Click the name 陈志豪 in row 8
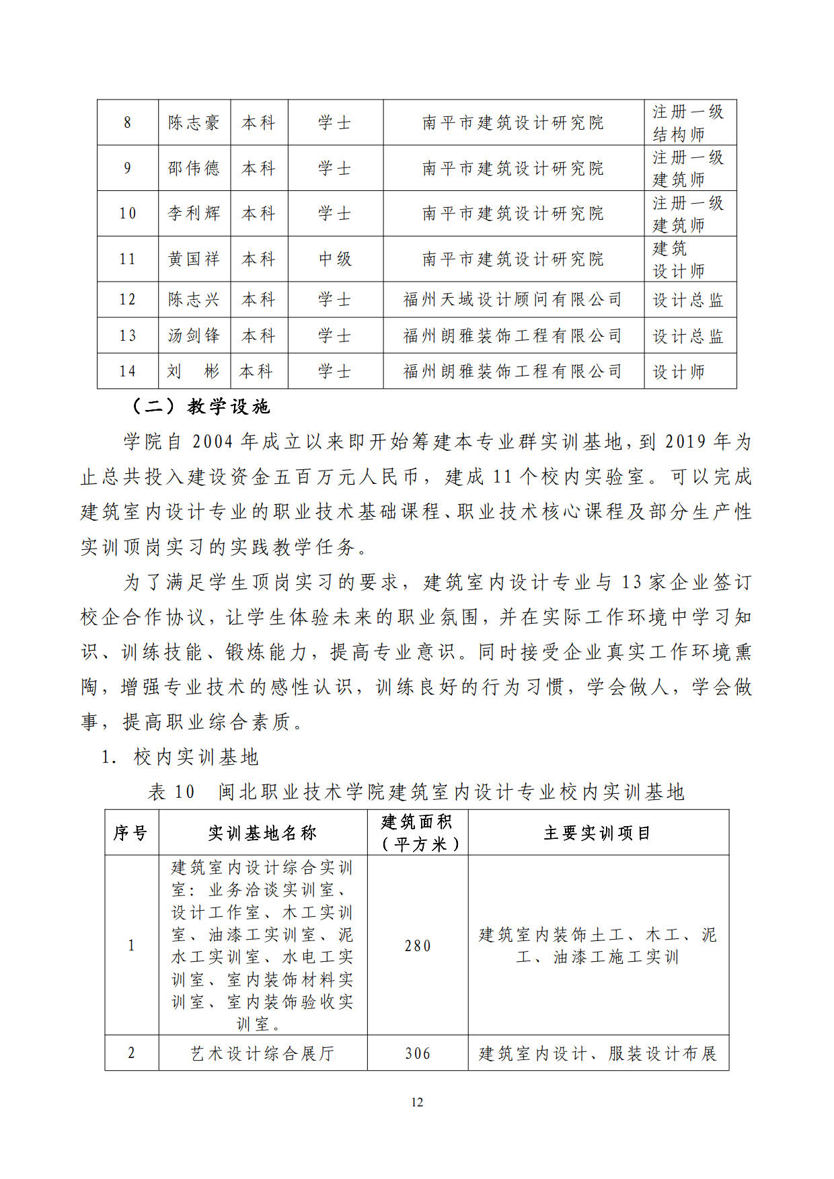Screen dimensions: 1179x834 pyautogui.click(x=194, y=123)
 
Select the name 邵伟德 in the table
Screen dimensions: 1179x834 pyautogui.click(x=194, y=168)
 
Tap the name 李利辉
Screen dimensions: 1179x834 pyautogui.click(x=194, y=214)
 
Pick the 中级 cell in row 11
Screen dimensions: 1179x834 pyautogui.click(x=335, y=259)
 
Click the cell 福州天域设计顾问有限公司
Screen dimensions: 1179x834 pyautogui.click(x=513, y=300)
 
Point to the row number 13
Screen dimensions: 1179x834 pyautogui.click(x=127, y=335)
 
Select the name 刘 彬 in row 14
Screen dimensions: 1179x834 pyautogui.click(x=194, y=371)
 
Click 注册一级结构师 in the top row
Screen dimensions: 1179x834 pyautogui.click(x=687, y=123)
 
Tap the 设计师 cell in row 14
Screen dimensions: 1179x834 pyautogui.click(x=679, y=372)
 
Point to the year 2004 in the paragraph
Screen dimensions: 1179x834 pyautogui.click(x=213, y=442)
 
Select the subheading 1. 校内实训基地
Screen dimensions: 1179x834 pyautogui.click(x=180, y=758)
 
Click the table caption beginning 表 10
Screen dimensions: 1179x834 pyautogui.click(x=416, y=792)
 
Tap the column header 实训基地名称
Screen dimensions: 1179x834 pyautogui.click(x=262, y=834)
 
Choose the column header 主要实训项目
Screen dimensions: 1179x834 pyautogui.click(x=597, y=834)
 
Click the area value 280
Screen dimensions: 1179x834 pyautogui.click(x=417, y=946)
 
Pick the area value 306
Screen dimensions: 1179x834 pyautogui.click(x=417, y=1053)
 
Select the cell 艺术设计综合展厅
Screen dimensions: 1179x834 pyautogui.click(x=262, y=1053)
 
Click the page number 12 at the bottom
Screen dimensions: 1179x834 pyautogui.click(x=417, y=1102)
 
